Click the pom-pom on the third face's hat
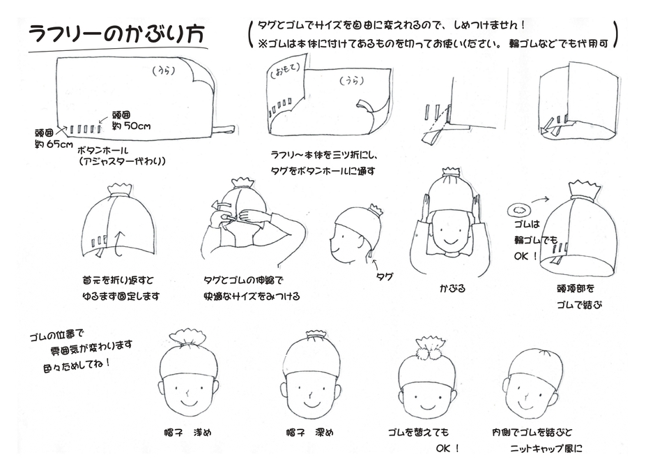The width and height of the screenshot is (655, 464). pyautogui.click(x=428, y=347)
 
